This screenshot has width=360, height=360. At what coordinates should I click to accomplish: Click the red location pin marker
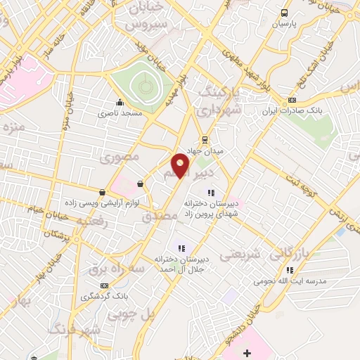181,166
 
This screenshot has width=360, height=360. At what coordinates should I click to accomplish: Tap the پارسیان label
285,23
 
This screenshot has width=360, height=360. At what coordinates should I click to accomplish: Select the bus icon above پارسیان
285,13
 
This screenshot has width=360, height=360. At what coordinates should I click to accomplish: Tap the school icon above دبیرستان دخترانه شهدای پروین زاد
210,193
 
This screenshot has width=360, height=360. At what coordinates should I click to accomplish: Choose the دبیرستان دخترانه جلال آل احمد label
181,262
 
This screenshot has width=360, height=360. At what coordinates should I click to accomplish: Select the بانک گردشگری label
105,296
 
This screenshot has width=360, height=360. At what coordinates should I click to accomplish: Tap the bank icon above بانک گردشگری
105,285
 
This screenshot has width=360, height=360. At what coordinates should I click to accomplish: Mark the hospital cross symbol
246,352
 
